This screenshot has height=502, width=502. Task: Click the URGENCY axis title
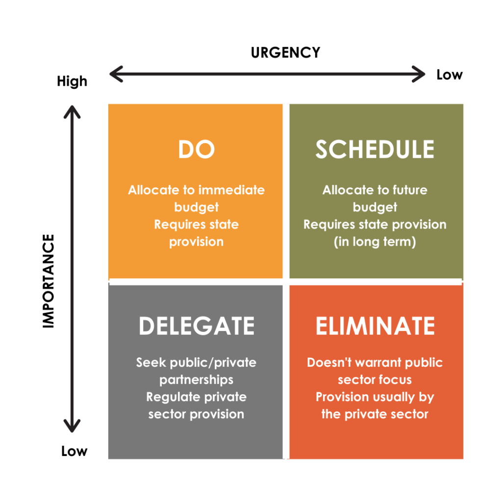(285, 52)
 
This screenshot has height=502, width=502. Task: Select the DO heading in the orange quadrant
(196, 149)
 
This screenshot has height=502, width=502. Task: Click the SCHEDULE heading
(375, 149)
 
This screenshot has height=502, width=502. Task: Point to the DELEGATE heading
(196, 326)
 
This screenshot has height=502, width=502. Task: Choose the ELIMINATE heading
(375, 326)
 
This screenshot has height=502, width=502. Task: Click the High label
(72, 81)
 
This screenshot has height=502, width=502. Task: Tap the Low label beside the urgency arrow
(449, 75)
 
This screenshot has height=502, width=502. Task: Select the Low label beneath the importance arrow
(74, 451)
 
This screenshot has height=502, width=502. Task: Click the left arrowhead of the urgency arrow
(114, 75)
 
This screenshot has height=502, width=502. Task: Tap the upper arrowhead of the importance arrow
(73, 110)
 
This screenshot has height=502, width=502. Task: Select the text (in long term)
(375, 242)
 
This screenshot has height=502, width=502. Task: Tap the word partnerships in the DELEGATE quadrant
(196, 380)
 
